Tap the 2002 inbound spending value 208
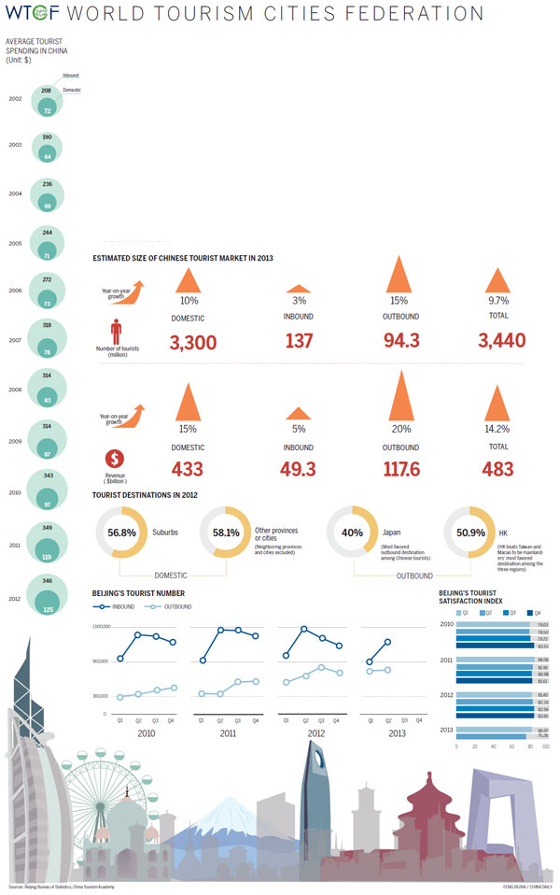coord(47,90)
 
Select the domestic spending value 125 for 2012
coord(47,609)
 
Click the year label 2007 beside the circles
coord(15,339)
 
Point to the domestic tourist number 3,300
coord(193,343)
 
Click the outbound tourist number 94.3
coord(400,343)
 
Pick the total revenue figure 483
coord(497,470)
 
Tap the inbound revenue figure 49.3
coord(299,470)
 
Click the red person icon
coord(116,332)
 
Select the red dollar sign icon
coord(116,459)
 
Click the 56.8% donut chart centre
coord(121,533)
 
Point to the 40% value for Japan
coord(352,533)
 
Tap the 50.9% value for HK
coord(470,533)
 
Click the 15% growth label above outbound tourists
coord(399,301)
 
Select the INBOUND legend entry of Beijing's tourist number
coord(117,606)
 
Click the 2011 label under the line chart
coord(228,734)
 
